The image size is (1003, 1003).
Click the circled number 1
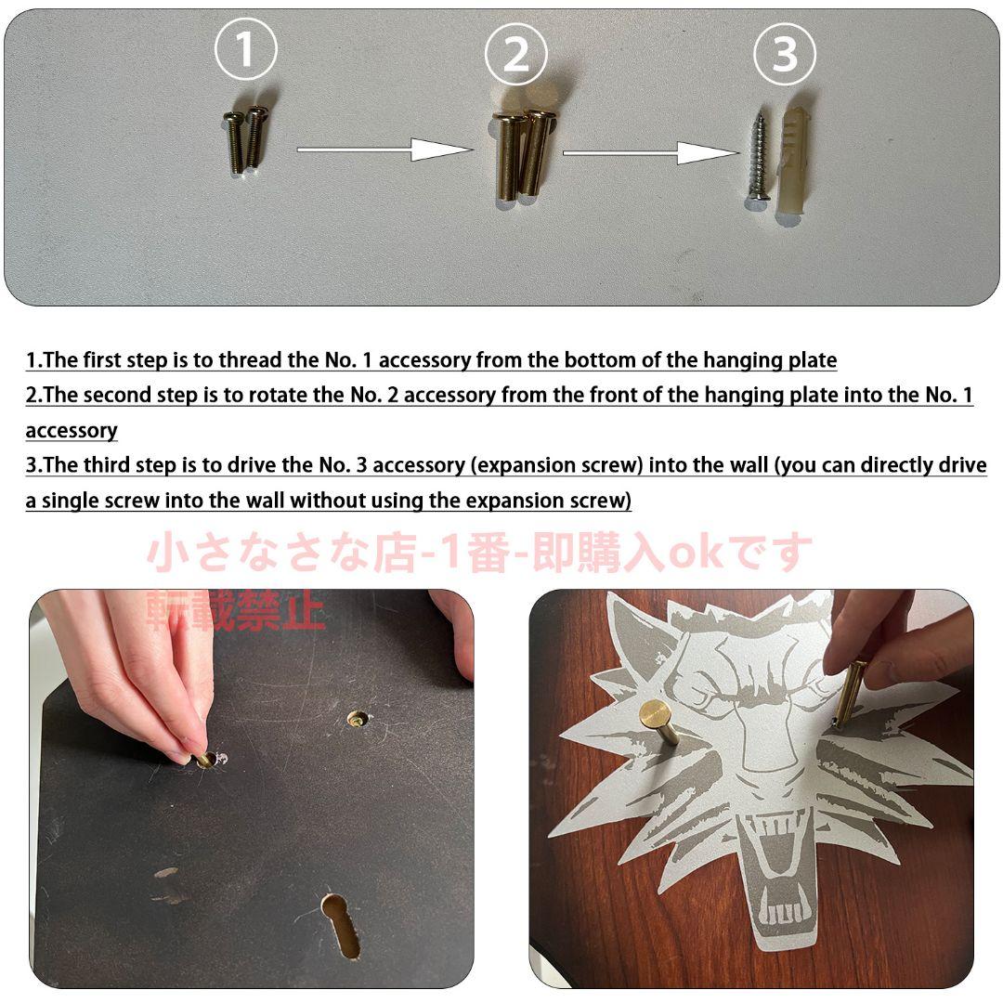click(245, 51)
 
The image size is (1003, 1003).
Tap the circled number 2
click(515, 56)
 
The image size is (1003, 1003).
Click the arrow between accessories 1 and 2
click(384, 149)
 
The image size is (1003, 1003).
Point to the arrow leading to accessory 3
click(649, 152)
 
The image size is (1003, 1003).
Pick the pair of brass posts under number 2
click(521, 152)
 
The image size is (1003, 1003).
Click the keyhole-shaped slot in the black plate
click(342, 923)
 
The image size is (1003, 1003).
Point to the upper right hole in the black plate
click(358, 718)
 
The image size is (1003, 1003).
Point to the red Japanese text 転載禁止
click(236, 612)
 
